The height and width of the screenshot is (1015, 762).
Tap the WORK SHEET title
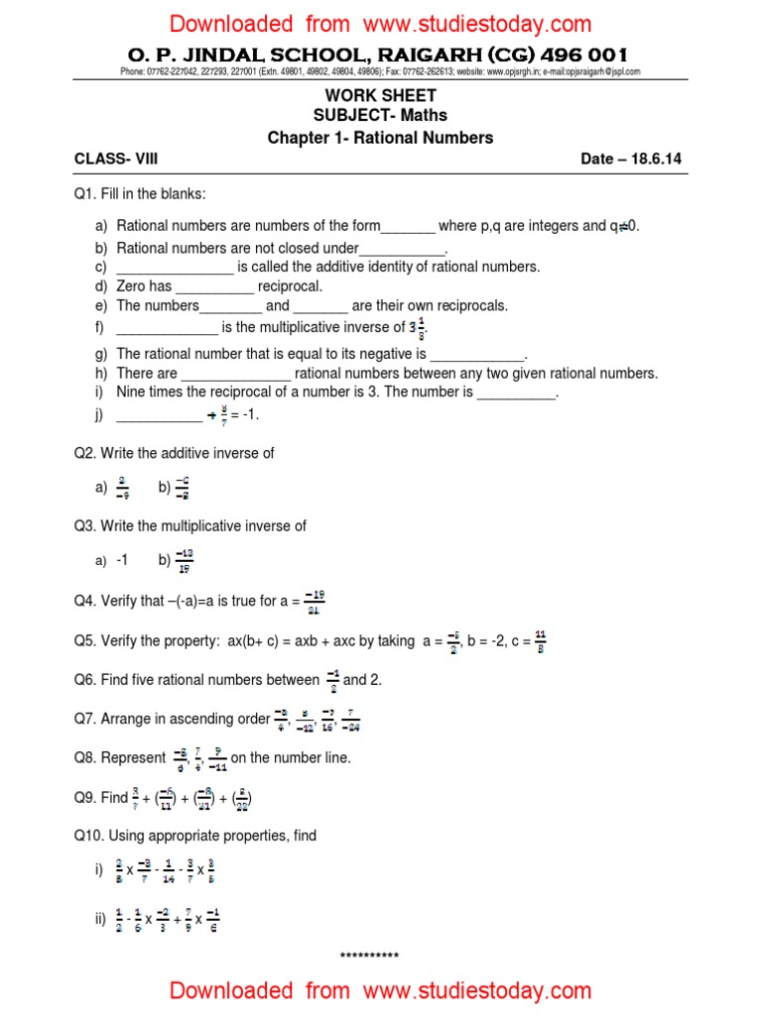coord(380,95)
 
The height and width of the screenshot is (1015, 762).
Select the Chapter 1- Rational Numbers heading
coord(380,138)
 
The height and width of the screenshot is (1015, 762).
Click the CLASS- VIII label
coord(116,159)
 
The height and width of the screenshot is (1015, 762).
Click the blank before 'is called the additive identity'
coord(175,268)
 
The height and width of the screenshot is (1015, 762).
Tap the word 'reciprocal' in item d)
coord(290,286)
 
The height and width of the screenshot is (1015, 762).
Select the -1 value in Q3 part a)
coord(122,560)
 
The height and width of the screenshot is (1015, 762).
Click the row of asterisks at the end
coord(369,957)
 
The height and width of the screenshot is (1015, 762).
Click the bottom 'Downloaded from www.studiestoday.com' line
coord(380,990)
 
